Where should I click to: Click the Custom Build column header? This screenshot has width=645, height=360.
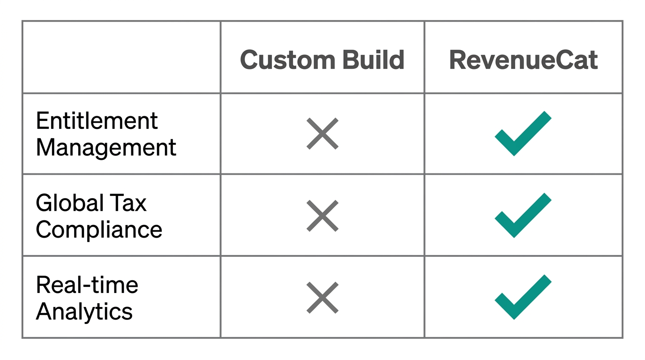click(322, 60)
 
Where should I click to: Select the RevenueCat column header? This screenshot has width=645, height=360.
click(523, 60)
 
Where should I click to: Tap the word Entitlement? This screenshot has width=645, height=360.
click(97, 121)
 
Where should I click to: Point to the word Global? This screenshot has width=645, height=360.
click(70, 203)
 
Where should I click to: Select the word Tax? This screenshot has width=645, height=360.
click(128, 203)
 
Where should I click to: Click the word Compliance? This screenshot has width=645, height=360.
click(99, 230)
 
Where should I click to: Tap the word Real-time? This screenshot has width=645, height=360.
click(87, 285)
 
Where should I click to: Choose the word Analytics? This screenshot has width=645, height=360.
click(84, 311)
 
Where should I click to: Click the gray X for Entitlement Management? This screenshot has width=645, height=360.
click(322, 134)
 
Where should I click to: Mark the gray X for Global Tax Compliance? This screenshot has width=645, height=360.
click(322, 216)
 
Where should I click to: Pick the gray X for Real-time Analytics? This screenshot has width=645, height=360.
click(322, 297)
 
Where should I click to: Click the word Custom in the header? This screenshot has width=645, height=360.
click(287, 60)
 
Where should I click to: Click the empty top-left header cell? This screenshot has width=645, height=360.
click(121, 57)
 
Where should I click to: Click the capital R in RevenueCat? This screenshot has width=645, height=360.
click(458, 60)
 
